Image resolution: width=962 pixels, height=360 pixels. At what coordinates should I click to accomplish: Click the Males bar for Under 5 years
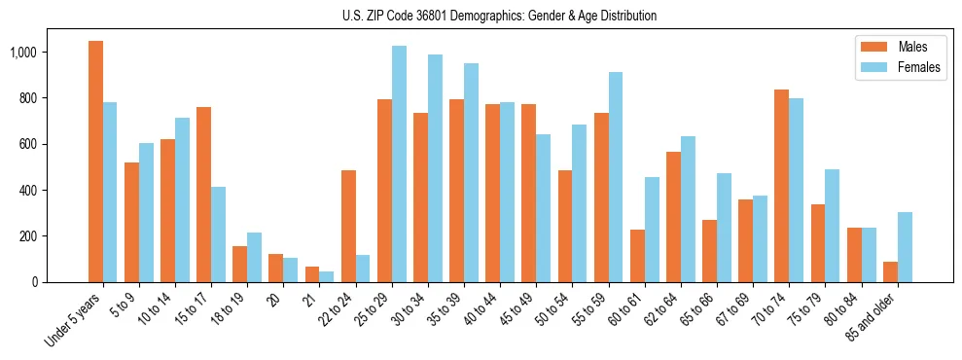point(95,162)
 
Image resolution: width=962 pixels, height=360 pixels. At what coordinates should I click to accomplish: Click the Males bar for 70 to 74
point(781,186)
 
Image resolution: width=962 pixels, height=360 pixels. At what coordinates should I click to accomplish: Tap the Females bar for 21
point(327,276)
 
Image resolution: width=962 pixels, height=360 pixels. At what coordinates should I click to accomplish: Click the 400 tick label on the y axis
point(42,190)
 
